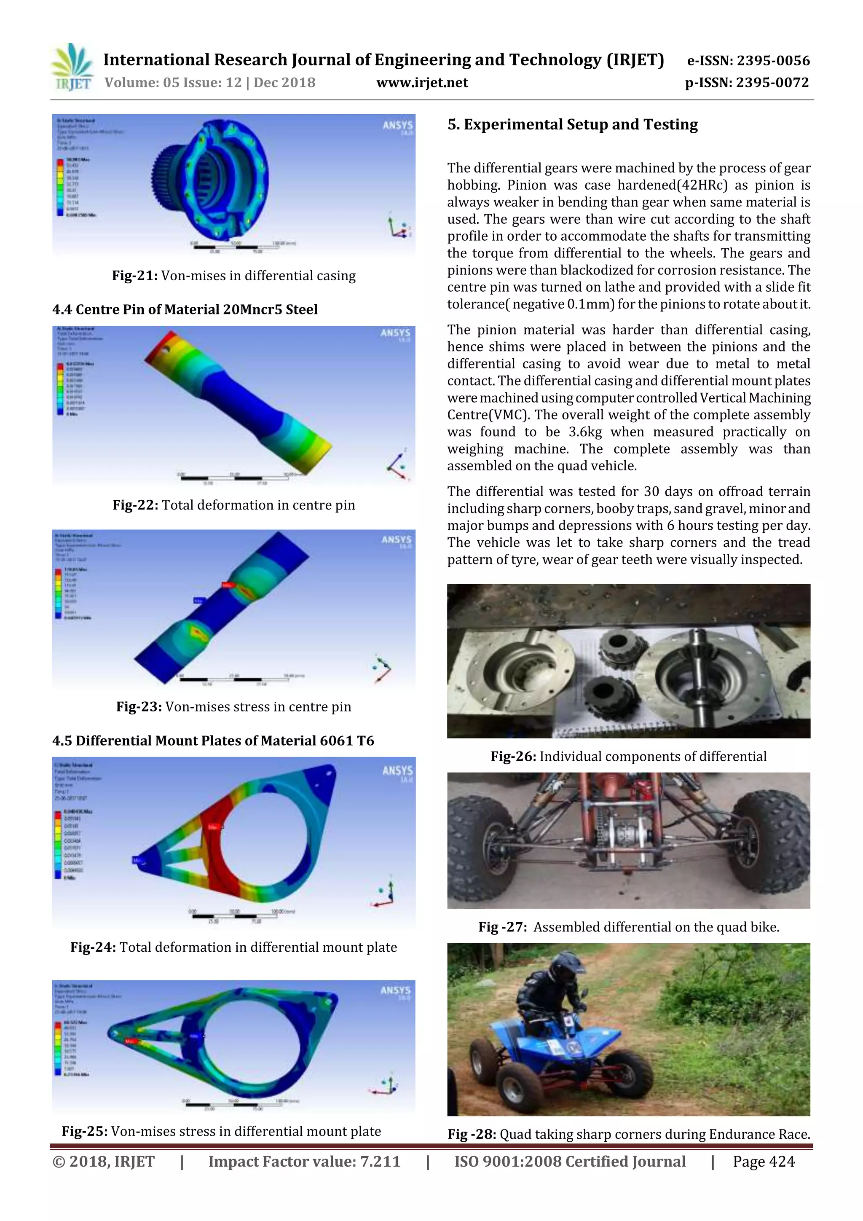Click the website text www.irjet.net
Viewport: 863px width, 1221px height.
click(422, 83)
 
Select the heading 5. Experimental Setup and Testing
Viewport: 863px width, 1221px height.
click(572, 124)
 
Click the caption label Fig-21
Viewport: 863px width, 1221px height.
click(134, 276)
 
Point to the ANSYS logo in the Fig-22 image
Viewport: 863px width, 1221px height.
click(395, 333)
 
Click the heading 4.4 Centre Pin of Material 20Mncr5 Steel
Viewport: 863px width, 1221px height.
click(185, 309)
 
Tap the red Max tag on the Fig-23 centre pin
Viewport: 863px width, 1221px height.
click(228, 585)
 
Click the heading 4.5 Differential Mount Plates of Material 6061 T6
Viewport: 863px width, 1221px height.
click(213, 741)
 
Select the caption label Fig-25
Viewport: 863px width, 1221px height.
click(85, 1131)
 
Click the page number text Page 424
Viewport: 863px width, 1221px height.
click(763, 1162)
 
